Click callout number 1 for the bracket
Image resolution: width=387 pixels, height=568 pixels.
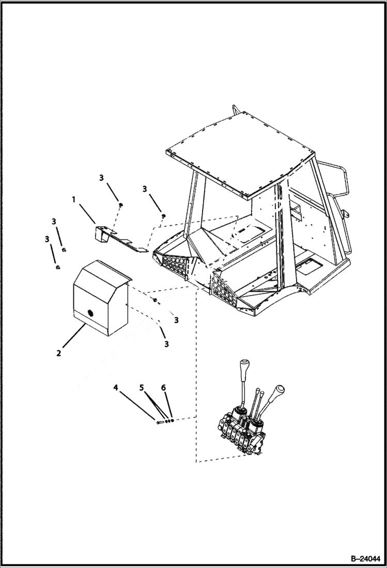click(73, 198)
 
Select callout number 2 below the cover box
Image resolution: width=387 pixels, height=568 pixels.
click(59, 353)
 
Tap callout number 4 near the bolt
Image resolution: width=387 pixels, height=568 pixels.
click(116, 387)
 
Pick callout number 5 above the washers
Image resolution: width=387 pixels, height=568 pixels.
click(142, 388)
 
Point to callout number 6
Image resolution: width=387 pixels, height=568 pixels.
click(163, 388)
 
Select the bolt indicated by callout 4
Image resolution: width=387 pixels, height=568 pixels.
click(159, 423)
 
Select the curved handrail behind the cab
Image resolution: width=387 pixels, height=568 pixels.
click(336, 181)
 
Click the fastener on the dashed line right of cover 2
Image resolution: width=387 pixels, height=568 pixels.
click(154, 301)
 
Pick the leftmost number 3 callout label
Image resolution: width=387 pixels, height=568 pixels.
click(47, 239)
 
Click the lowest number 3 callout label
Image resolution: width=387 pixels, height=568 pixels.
click(167, 344)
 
